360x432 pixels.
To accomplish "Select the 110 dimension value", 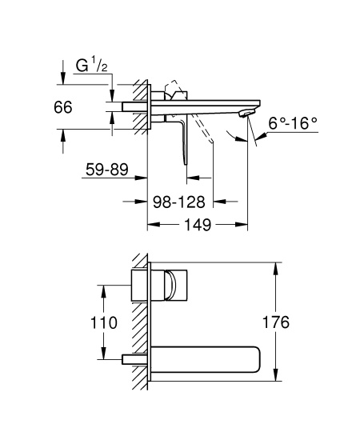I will pos(104,322).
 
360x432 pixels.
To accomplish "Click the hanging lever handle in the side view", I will pos(185,140).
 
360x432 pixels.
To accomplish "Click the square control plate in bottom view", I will pos(172,285).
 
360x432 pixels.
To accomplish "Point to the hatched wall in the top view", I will pos(142,104).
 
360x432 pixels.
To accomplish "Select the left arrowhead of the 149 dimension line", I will pos(150,225).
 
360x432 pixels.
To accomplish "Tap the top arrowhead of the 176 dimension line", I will pos(277,266).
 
